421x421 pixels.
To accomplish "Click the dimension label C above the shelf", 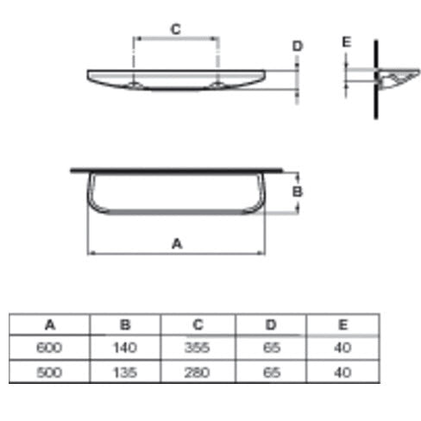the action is point(176,29).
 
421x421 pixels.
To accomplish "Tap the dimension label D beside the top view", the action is point(298,47).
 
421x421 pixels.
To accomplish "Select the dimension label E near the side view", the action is point(347,42).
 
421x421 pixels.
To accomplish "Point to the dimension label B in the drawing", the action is point(298,192).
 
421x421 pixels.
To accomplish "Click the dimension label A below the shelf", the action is point(177,244).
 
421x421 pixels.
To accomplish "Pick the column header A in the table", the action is point(50,325).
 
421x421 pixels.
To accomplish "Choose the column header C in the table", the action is point(198,324).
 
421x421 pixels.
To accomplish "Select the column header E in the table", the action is point(342,324).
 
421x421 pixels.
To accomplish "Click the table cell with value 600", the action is point(49,348).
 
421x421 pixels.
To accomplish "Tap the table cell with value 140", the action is point(125,348).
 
